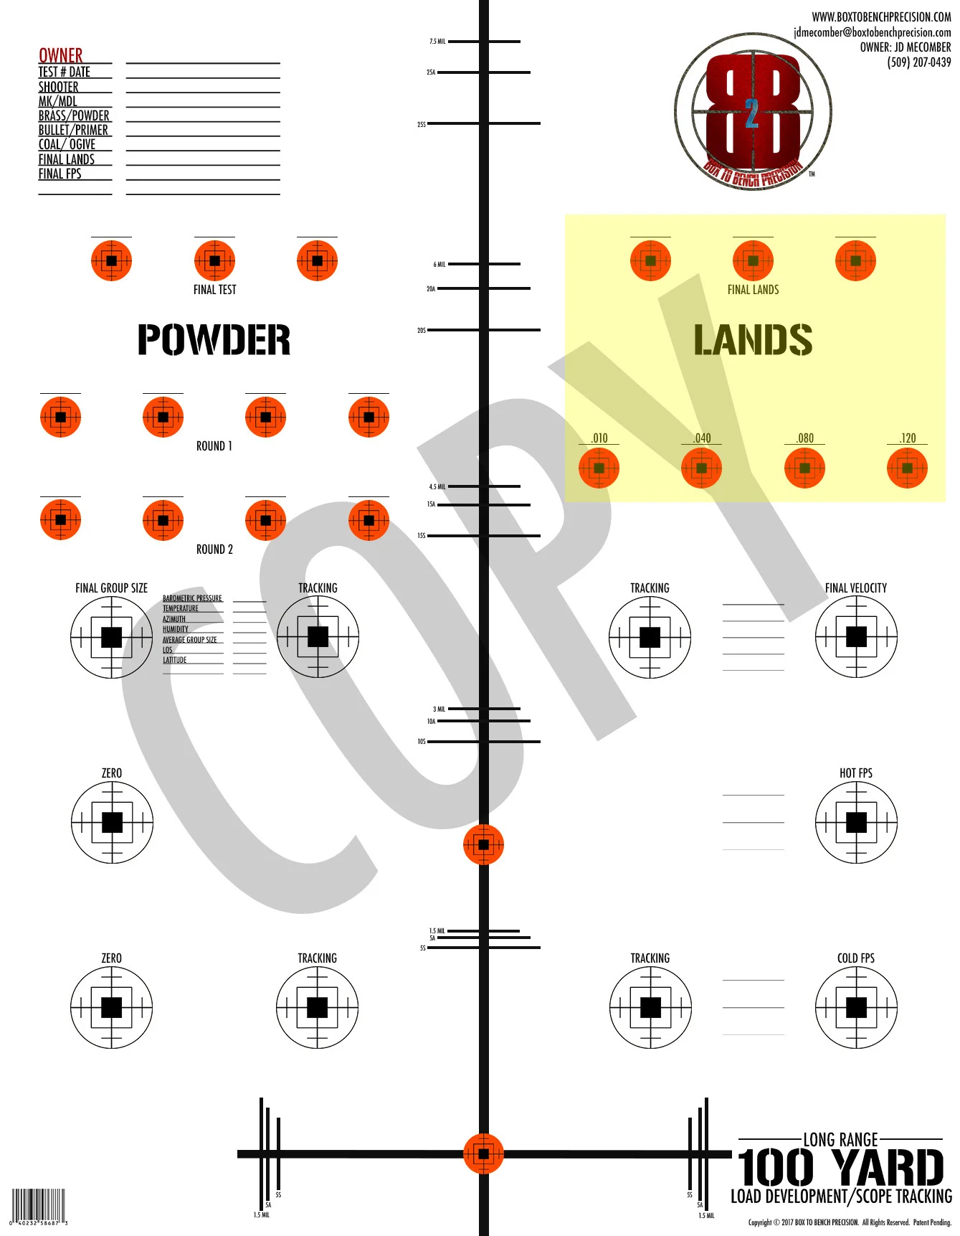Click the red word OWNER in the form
click(x=60, y=55)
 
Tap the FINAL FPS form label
click(x=60, y=174)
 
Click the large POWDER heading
click(x=214, y=340)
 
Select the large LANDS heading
click(x=753, y=340)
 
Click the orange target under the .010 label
click(x=599, y=468)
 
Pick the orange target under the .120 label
click(x=907, y=468)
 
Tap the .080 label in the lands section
click(x=804, y=438)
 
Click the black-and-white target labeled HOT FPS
click(x=856, y=822)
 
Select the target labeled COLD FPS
click(x=856, y=1007)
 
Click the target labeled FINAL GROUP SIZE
click(x=111, y=637)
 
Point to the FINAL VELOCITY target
click(x=856, y=637)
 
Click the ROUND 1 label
click(x=214, y=446)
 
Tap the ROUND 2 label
click(x=214, y=549)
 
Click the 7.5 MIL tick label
click(x=437, y=42)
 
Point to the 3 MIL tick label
click(x=439, y=709)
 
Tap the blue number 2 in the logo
click(x=751, y=113)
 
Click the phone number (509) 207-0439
click(x=918, y=62)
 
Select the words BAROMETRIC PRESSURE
click(x=192, y=598)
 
